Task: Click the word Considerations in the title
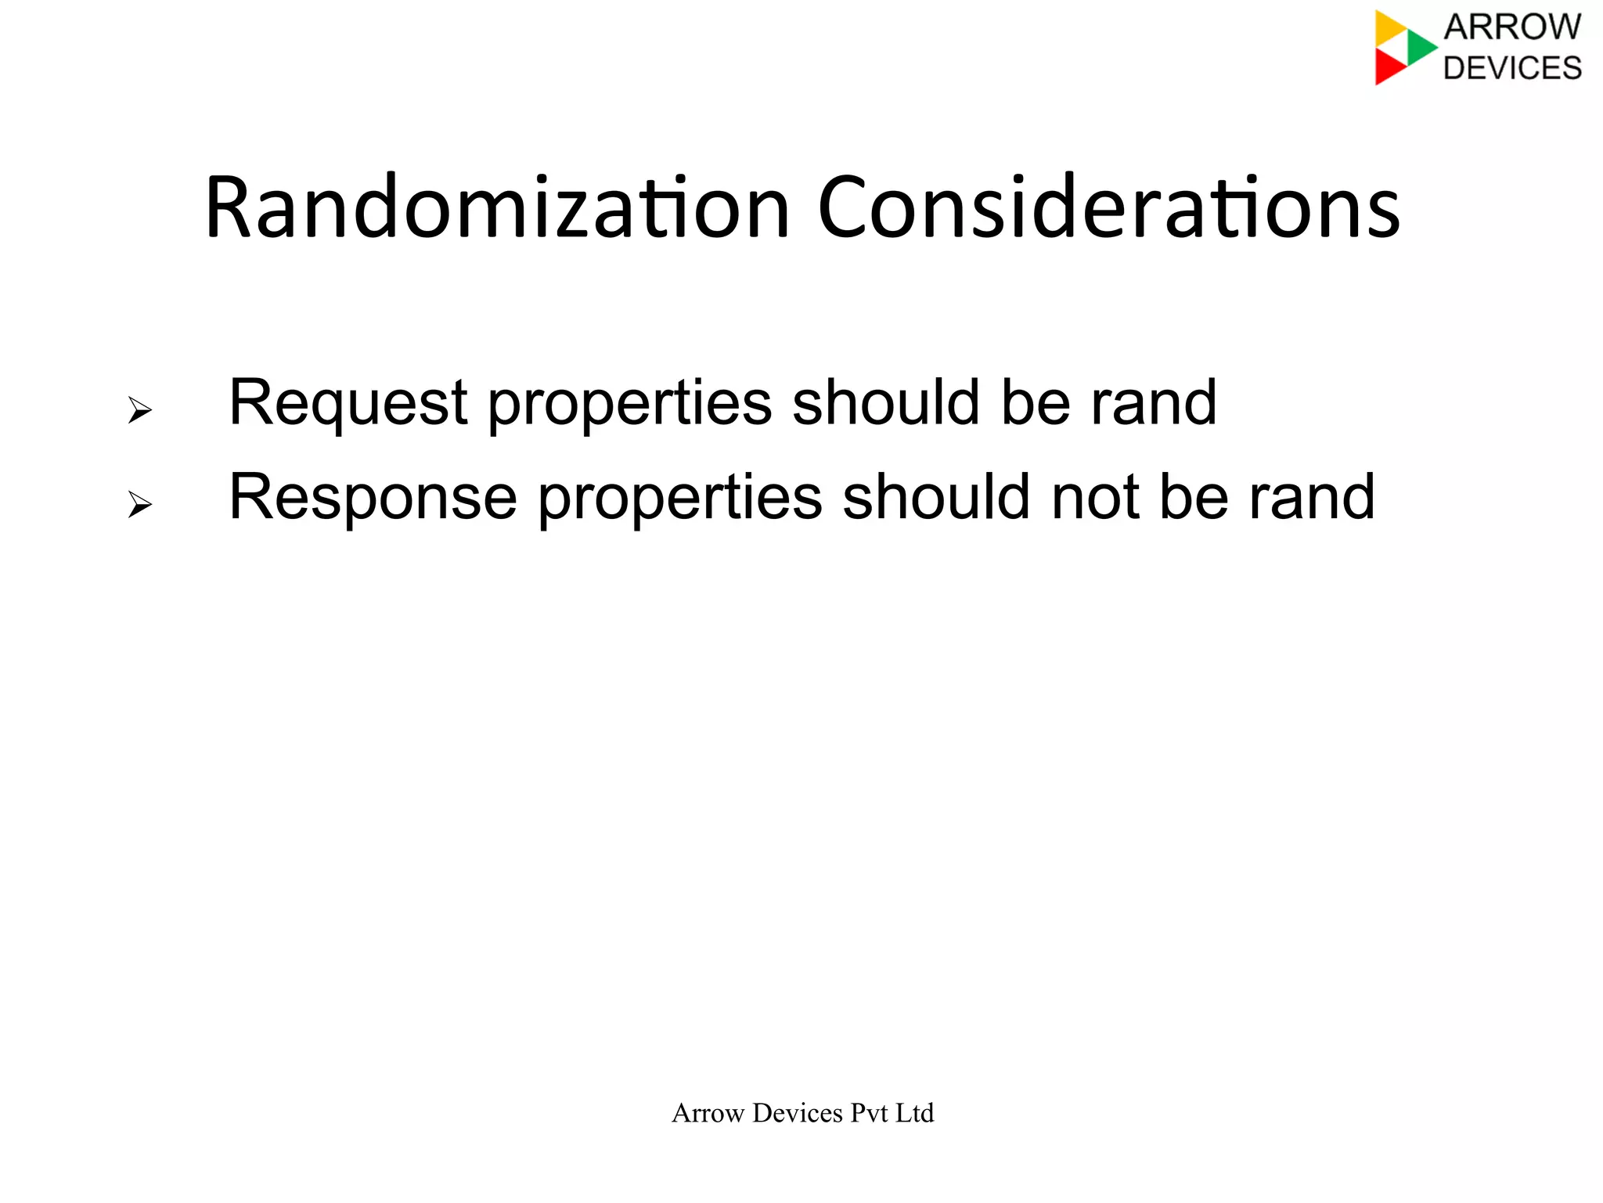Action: pyautogui.click(x=1108, y=208)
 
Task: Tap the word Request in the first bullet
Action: pyautogui.click(x=348, y=403)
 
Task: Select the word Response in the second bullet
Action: pyautogui.click(x=373, y=497)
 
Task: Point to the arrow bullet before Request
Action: pyautogui.click(x=139, y=409)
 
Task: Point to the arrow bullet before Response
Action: pyautogui.click(x=139, y=504)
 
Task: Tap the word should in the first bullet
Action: pyautogui.click(x=885, y=403)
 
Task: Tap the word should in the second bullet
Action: pyautogui.click(x=935, y=497)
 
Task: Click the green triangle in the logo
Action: pyautogui.click(x=1419, y=47)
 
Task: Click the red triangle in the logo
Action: pyautogui.click(x=1389, y=67)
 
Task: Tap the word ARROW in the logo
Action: pyautogui.click(x=1512, y=27)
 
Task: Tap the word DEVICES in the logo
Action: pyautogui.click(x=1512, y=68)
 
